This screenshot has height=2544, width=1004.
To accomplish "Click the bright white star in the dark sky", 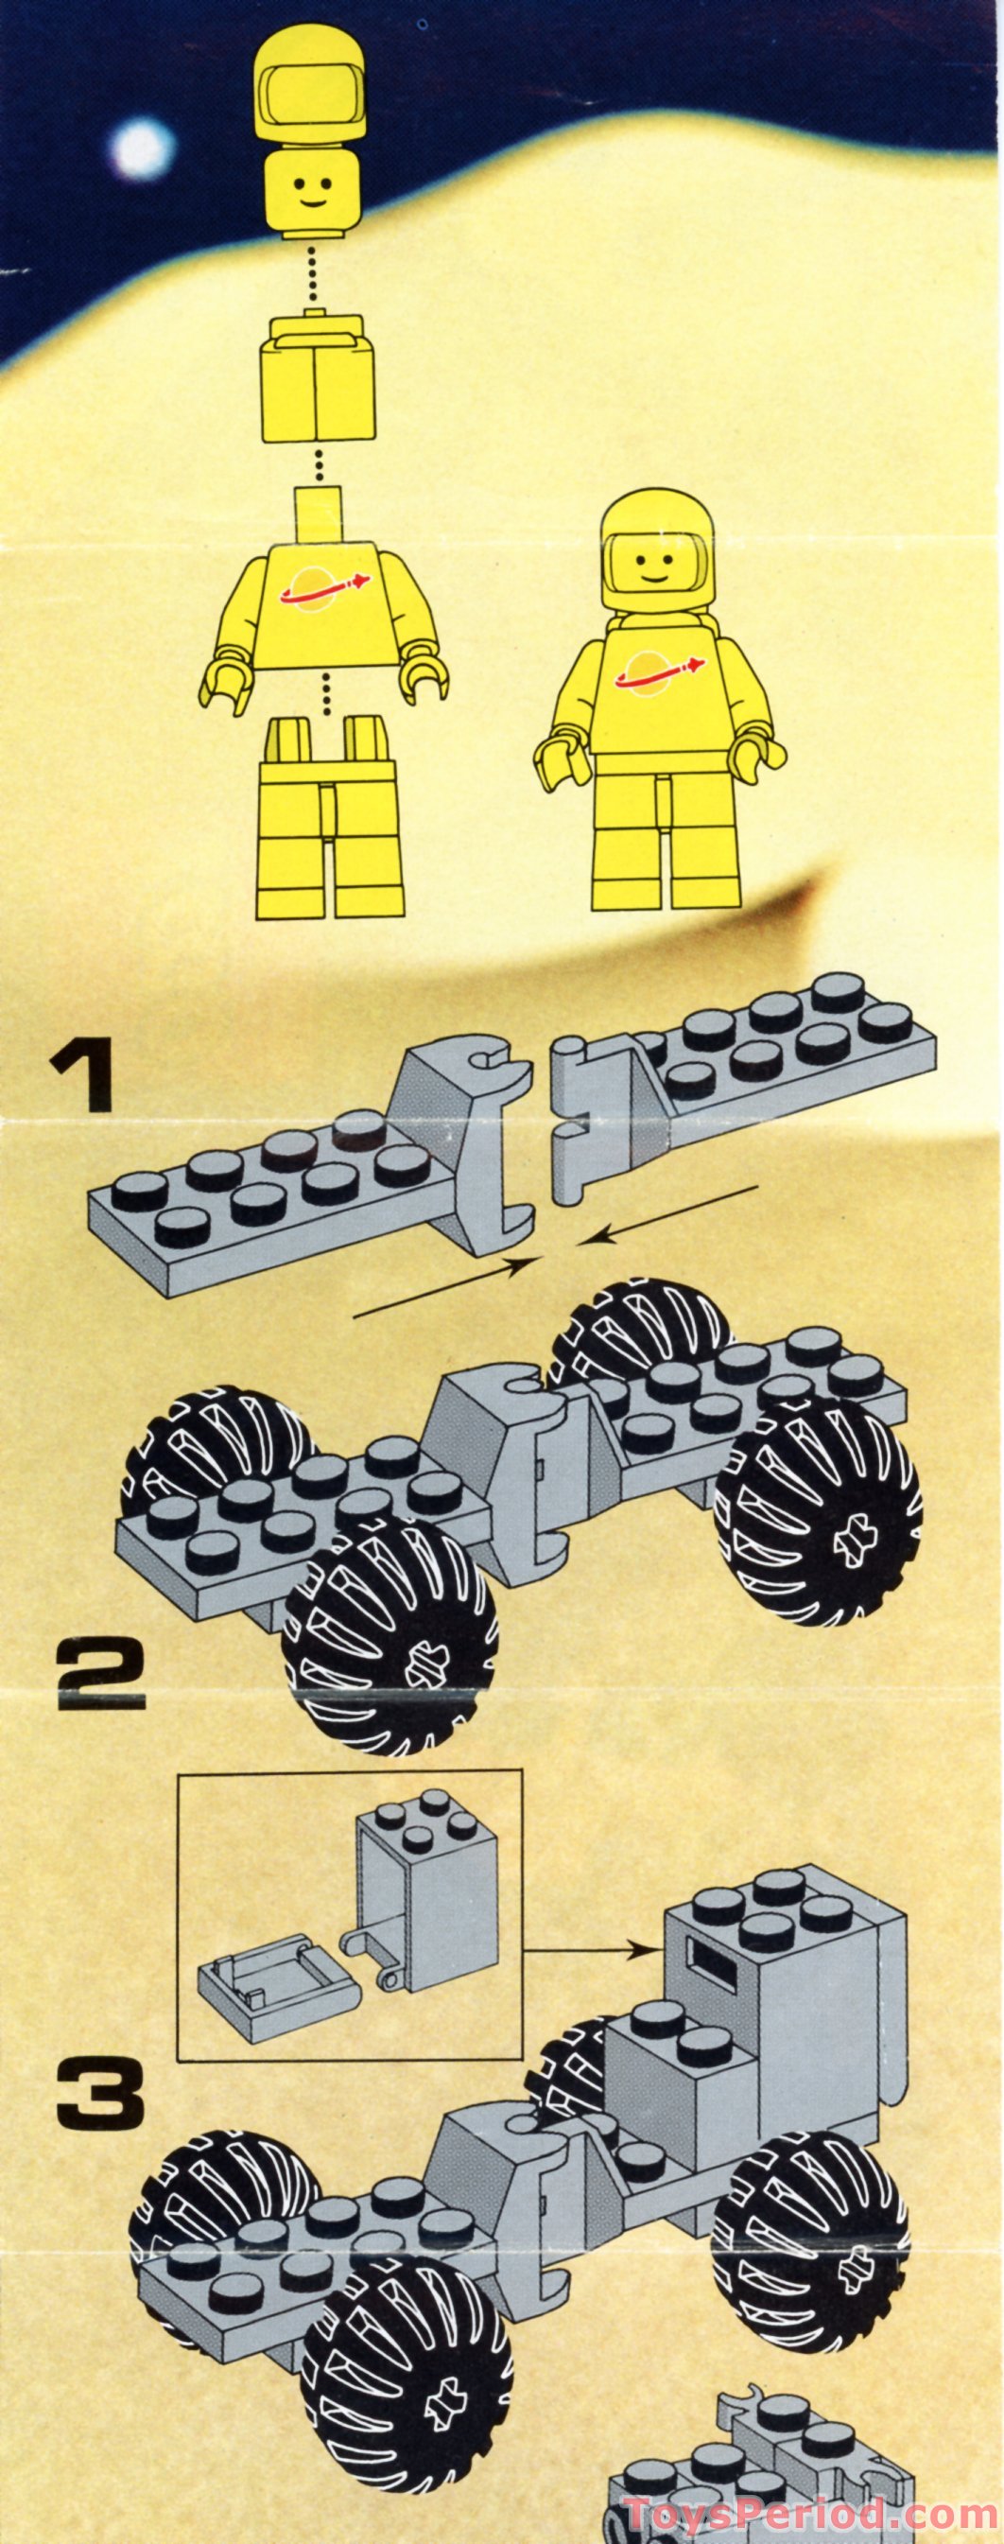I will (143, 148).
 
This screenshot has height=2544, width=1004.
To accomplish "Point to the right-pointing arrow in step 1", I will (444, 1286).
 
